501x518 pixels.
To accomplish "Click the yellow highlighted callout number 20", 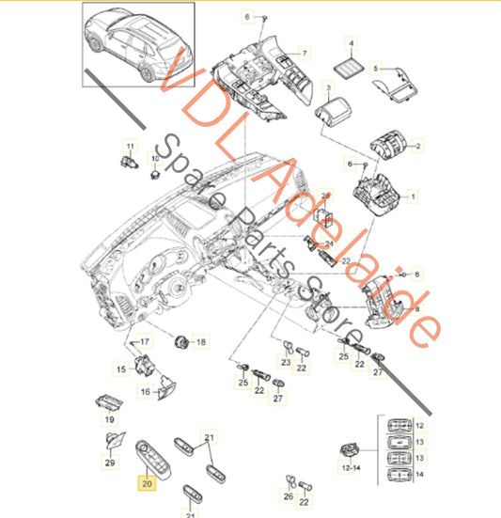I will tap(147, 485).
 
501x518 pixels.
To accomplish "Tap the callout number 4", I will tap(352, 44).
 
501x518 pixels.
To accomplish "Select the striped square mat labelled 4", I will tap(352, 65).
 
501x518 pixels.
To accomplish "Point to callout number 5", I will tap(375, 69).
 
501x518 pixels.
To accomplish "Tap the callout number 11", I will tap(131, 146).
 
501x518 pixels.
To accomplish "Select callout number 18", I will tap(199, 342).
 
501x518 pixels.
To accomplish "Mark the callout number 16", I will tap(146, 392).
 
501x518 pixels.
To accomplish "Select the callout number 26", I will tap(288, 496).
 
